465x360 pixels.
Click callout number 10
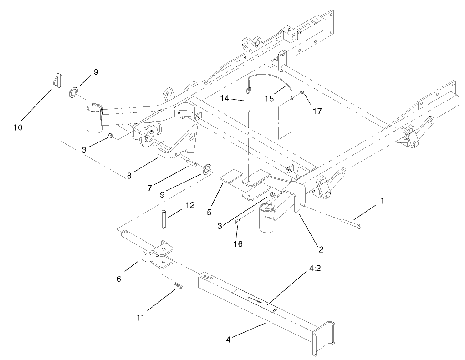[x=18, y=128]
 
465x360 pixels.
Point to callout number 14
[x=237, y=98]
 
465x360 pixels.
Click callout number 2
[x=321, y=249]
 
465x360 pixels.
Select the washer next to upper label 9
[x=73, y=93]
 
